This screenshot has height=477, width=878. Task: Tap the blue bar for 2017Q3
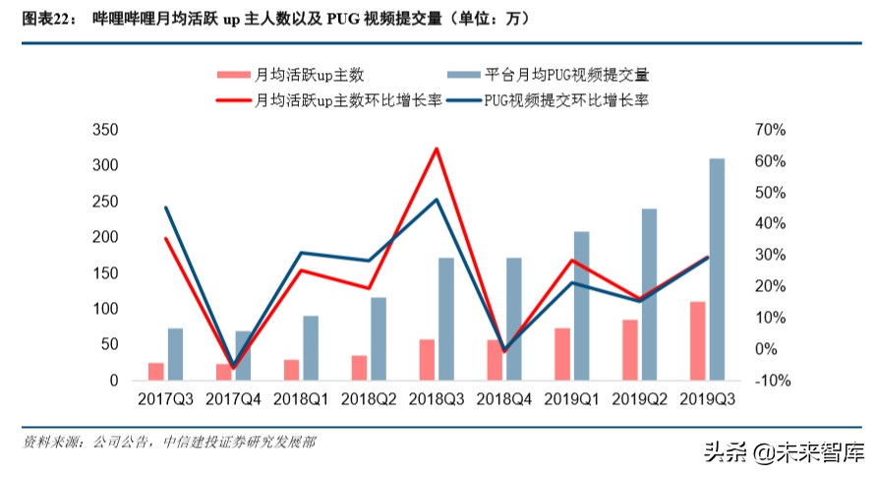pyautogui.click(x=175, y=354)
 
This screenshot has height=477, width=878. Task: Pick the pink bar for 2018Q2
pyautogui.click(x=359, y=368)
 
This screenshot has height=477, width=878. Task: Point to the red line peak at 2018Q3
pyautogui.click(x=436, y=149)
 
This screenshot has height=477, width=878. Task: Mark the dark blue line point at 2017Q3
pyautogui.click(x=165, y=208)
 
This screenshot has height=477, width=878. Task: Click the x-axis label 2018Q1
pyautogui.click(x=301, y=399)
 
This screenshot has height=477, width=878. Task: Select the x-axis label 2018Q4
pyautogui.click(x=503, y=399)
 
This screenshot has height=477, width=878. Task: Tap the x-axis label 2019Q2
pyautogui.click(x=639, y=399)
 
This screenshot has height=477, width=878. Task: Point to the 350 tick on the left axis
pyautogui.click(x=104, y=131)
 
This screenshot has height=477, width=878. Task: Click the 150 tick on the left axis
pyautogui.click(x=104, y=273)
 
